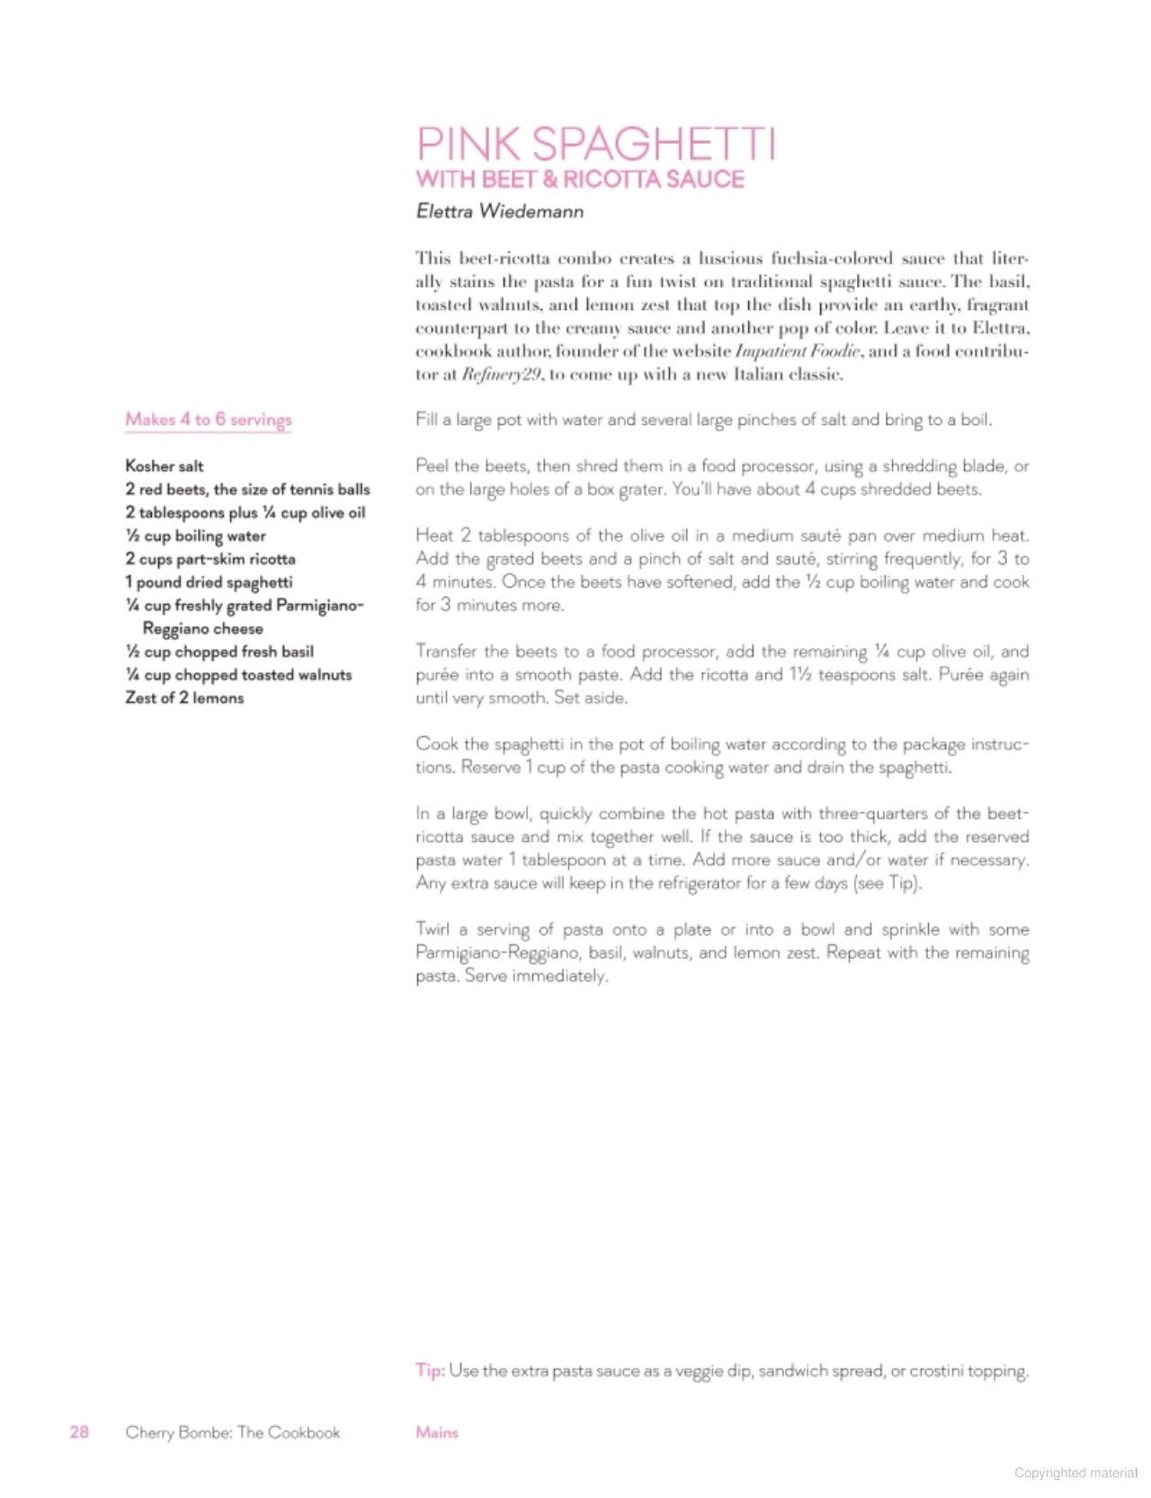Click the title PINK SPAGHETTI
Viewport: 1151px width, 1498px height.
(x=595, y=144)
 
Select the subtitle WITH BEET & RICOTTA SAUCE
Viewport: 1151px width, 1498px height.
(x=580, y=179)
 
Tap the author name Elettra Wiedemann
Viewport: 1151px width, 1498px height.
(x=500, y=212)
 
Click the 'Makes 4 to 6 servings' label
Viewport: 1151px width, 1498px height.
(x=209, y=420)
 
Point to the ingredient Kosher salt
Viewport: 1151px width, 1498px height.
(x=165, y=466)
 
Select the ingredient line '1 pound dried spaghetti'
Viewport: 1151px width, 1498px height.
(x=209, y=582)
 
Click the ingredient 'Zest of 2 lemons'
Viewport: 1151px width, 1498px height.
(x=184, y=698)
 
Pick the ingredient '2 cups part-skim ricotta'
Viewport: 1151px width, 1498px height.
(x=210, y=559)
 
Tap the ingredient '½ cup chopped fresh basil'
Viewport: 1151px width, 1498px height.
(x=219, y=651)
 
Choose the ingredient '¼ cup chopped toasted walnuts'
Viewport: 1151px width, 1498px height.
(x=238, y=675)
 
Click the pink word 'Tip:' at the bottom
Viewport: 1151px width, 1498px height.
(x=430, y=1370)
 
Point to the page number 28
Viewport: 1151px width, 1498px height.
(x=79, y=1432)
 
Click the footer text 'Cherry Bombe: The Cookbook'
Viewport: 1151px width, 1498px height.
(x=233, y=1432)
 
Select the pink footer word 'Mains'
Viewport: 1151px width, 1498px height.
(x=437, y=1432)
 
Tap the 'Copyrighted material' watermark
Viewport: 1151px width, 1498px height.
(x=1075, y=1472)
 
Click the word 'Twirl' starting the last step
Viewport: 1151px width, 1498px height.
(x=433, y=929)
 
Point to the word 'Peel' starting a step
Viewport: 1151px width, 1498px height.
(x=432, y=466)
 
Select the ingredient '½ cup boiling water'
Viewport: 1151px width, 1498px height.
(x=195, y=536)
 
